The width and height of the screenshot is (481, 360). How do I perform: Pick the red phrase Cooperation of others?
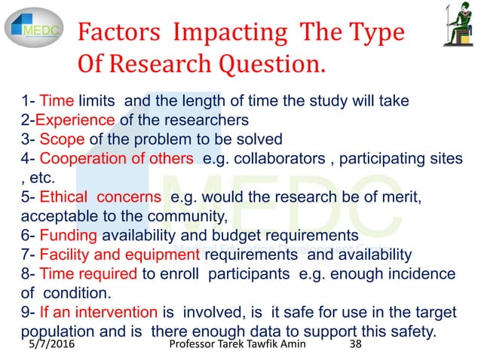[118, 158]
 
